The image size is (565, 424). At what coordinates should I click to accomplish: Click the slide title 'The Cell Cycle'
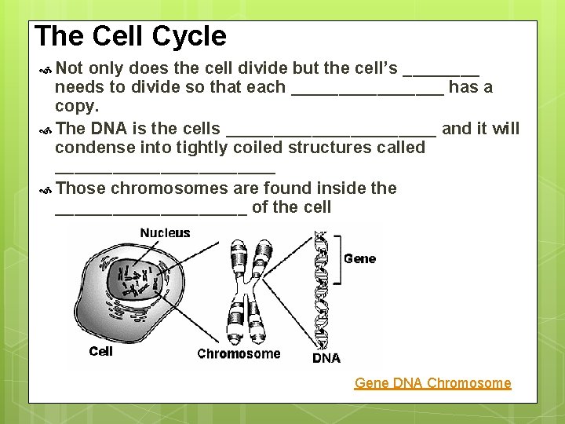[130, 36]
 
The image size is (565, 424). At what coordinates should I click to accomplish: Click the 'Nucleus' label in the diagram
[165, 232]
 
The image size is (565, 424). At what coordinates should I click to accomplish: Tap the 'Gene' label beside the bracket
[359, 258]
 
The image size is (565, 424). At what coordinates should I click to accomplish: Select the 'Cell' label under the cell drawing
[101, 351]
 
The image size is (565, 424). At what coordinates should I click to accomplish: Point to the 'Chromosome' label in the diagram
[239, 354]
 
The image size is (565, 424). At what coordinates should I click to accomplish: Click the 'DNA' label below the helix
[326, 358]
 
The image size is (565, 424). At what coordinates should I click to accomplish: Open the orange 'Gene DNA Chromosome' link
[432, 383]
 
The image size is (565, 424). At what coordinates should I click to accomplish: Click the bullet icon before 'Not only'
[45, 68]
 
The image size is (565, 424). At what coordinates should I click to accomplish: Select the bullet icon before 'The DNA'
[45, 129]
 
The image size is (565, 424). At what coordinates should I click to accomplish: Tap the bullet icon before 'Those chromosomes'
[45, 189]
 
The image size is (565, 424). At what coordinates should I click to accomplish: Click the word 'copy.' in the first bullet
[77, 106]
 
